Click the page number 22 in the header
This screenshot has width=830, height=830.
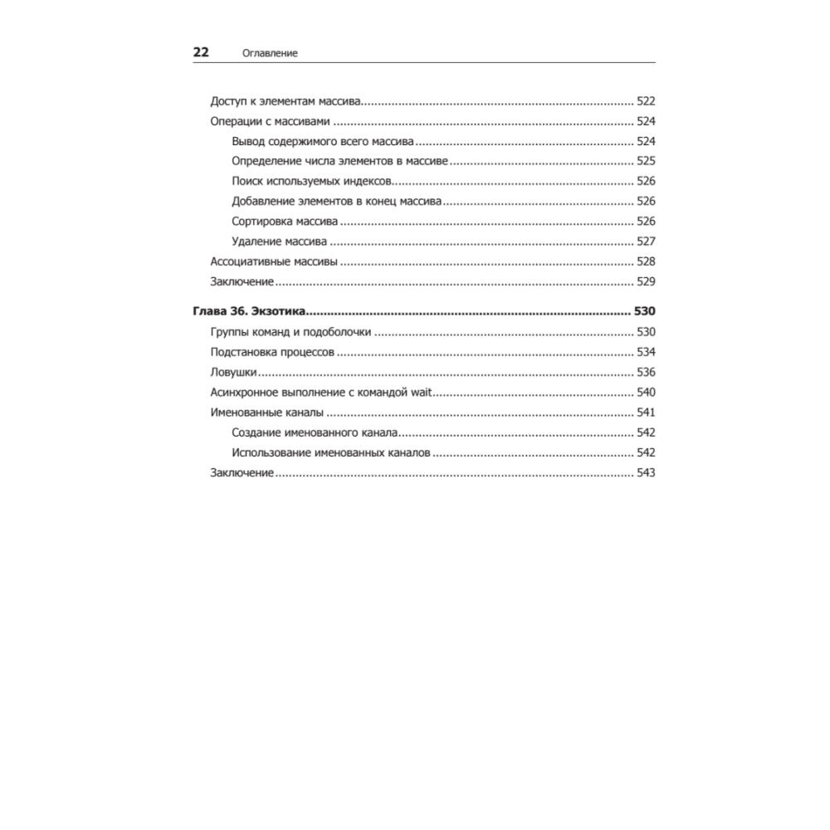click(201, 52)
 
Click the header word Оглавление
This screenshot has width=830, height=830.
click(270, 53)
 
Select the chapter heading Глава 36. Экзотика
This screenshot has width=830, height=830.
click(250, 312)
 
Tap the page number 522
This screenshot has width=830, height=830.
click(646, 101)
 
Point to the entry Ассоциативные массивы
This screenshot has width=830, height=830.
click(274, 261)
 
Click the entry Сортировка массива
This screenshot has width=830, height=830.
click(285, 222)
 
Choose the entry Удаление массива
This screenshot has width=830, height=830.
click(280, 242)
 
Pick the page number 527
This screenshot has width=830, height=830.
click(646, 242)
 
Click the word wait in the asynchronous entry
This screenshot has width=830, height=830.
click(425, 393)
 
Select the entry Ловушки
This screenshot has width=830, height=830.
click(233, 373)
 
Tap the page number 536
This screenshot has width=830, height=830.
click(646, 373)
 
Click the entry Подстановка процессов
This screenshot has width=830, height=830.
click(272, 353)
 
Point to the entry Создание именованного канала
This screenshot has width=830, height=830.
click(315, 432)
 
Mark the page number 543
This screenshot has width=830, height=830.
click(646, 472)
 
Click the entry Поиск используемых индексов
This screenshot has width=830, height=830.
click(312, 181)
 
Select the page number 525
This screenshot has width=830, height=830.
click(646, 161)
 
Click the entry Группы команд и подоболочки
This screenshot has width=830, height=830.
click(290, 333)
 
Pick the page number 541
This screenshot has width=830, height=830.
click(646, 413)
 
